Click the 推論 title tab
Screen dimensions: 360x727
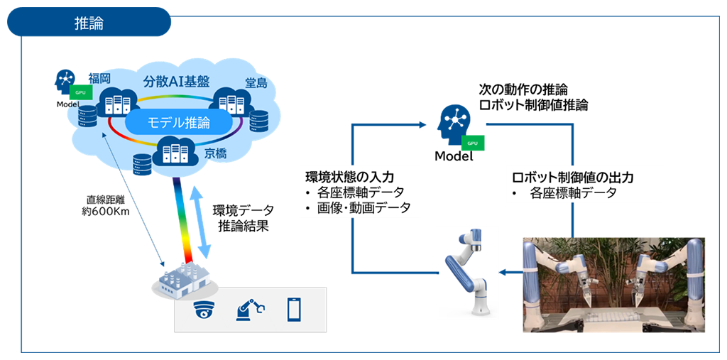click(89, 22)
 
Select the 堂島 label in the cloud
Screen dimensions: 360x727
click(256, 83)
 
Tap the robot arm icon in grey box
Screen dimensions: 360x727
click(249, 310)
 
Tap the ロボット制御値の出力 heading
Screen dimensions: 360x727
click(572, 177)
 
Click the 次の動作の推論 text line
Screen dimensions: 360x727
click(523, 90)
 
